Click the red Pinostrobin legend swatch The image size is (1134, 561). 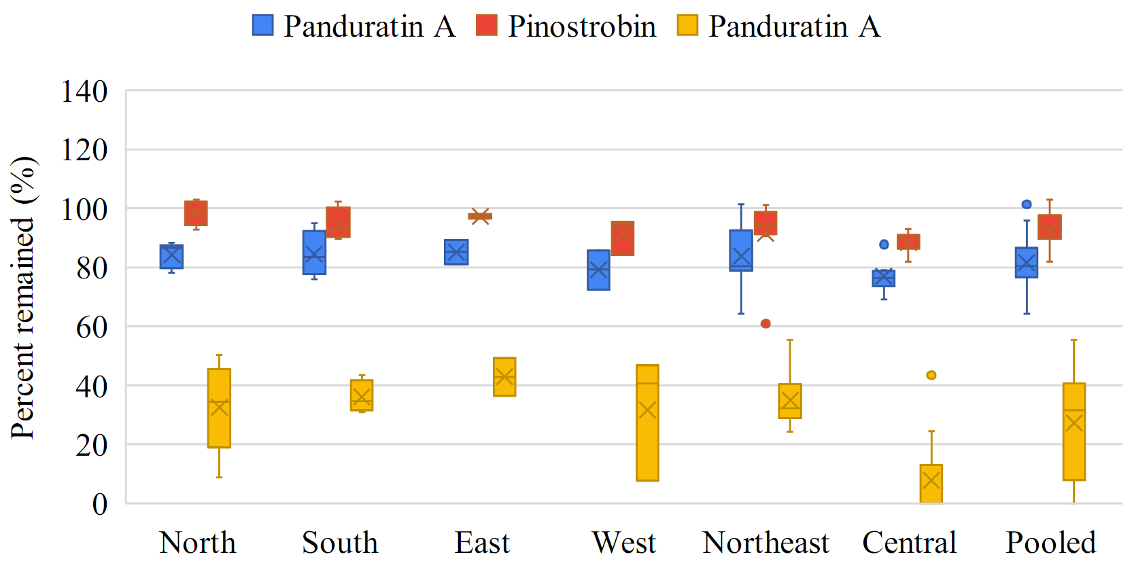(x=487, y=26)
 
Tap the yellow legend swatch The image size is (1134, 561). (x=687, y=26)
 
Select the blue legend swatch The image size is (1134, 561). (x=263, y=26)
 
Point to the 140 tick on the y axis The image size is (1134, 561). (x=84, y=91)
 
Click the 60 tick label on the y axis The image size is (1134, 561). (x=91, y=327)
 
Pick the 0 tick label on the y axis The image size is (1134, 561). (x=99, y=504)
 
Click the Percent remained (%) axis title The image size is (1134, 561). (x=23, y=297)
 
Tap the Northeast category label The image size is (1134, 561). (x=766, y=543)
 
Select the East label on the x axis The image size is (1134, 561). (x=482, y=543)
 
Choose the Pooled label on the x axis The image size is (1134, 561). (x=1051, y=543)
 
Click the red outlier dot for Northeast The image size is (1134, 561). (x=766, y=324)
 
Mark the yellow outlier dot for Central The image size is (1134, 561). (x=931, y=375)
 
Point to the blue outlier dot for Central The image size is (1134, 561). (x=884, y=245)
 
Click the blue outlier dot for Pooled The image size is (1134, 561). (x=1027, y=204)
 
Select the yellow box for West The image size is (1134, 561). (x=647, y=422)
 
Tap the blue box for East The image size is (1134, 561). (x=456, y=252)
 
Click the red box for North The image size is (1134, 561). (x=196, y=213)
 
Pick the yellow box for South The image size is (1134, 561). (x=362, y=395)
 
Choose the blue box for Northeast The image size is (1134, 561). (x=741, y=251)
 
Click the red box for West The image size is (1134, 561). (x=623, y=238)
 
